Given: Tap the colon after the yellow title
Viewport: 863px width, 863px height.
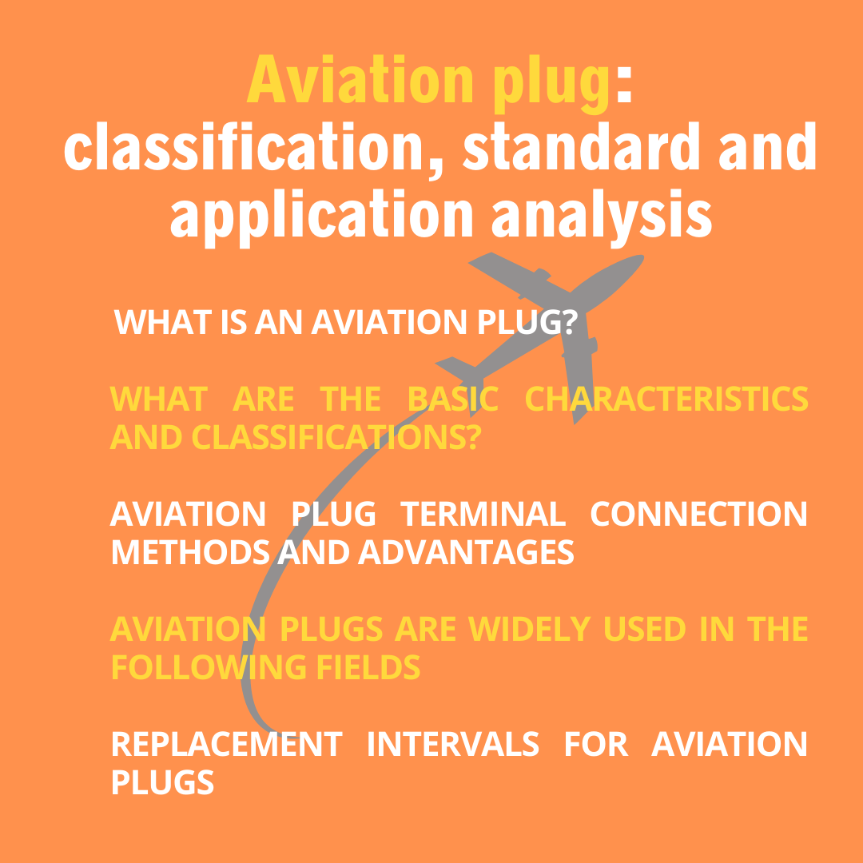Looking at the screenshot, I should [x=624, y=85].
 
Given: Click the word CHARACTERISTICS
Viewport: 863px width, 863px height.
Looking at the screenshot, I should [x=666, y=399].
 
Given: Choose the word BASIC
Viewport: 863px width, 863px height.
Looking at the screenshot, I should [x=453, y=399].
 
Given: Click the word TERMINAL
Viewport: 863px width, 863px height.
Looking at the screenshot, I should [x=482, y=514].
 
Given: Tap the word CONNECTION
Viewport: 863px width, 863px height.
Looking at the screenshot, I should [x=698, y=514].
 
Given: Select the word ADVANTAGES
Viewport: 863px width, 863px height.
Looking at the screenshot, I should [x=465, y=552].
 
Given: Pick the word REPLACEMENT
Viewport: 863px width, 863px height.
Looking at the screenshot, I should [x=226, y=744].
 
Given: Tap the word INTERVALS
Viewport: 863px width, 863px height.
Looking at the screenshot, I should [x=452, y=744].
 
